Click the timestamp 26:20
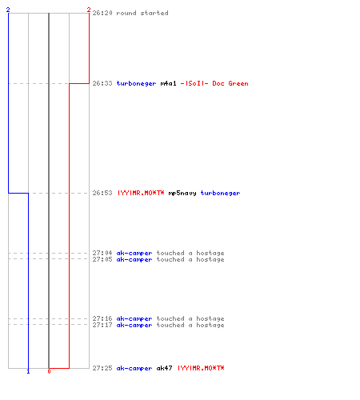tap(102, 13)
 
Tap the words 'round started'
tap(142, 13)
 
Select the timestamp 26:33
tap(102, 83)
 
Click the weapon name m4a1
tap(168, 83)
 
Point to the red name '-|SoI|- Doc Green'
tap(214, 83)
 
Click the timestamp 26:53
tap(102, 193)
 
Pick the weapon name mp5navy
tap(182, 193)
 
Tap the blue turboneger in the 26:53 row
tap(220, 193)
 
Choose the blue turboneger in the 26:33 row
tap(136, 83)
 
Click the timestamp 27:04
tap(102, 253)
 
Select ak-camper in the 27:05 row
tap(134, 260)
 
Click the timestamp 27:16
tap(102, 318)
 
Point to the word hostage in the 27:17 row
tap(210, 326)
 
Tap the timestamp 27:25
tap(102, 368)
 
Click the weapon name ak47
tap(164, 368)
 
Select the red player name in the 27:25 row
tap(201, 368)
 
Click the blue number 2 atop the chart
tap(8, 10)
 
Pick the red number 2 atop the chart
tap(89, 10)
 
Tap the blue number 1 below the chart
tap(28, 371)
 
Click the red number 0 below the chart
tap(49, 371)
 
